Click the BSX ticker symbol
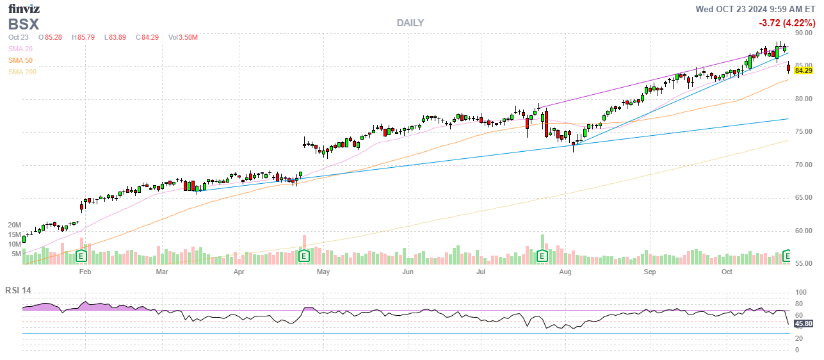coord(24,24)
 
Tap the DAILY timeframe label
coord(410,23)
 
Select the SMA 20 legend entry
coord(20,49)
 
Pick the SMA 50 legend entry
coord(20,60)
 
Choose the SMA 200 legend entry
coord(22,72)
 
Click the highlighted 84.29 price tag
coord(803,70)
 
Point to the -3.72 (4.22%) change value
coord(786,23)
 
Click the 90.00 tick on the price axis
coord(804,33)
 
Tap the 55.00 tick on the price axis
coord(804,264)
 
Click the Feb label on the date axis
coord(85,272)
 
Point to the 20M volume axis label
coord(14,225)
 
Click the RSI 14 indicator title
coord(18,290)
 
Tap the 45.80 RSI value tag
coord(804,323)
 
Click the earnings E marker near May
coord(304,256)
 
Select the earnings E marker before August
coord(542,256)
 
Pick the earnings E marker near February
coord(81,256)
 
